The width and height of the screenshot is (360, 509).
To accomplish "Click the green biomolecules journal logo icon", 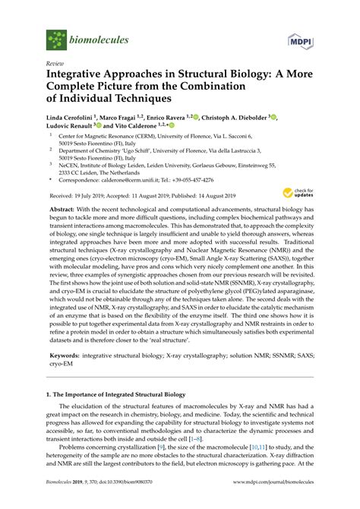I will [57, 40].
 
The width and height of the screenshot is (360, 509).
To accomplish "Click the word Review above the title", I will [55, 65].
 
